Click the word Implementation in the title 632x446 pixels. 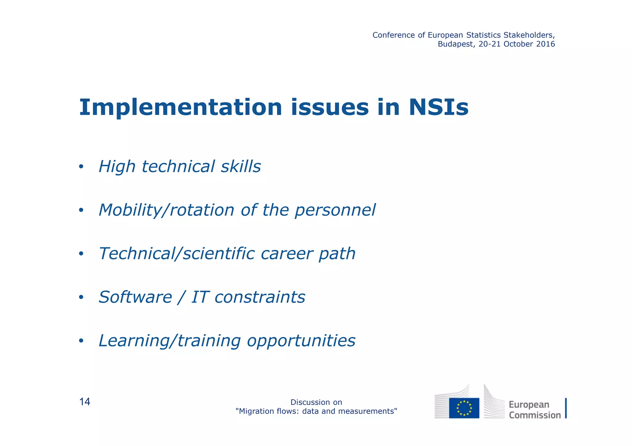tap(181, 108)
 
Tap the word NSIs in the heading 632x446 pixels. tap(439, 108)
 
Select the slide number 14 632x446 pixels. tap(85, 402)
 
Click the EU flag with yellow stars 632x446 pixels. tap(464, 408)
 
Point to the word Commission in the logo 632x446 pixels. tap(534, 415)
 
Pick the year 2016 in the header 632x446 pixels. tap(545, 44)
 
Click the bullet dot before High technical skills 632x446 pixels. tap(81, 167)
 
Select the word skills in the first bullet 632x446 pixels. tap(241, 166)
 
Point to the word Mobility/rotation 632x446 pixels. tap(167, 211)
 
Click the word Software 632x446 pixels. tap(135, 297)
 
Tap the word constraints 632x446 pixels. tap(260, 297)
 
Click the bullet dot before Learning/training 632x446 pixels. tap(81, 341)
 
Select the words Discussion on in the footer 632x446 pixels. tap(316, 402)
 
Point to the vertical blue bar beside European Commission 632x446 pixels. tap(566, 408)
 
